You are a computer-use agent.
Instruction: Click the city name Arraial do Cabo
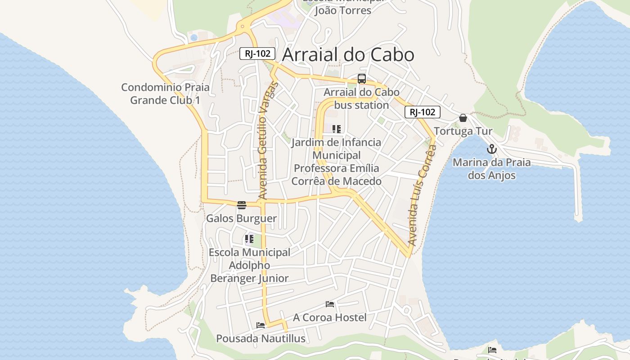348,55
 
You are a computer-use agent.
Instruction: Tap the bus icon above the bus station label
362,79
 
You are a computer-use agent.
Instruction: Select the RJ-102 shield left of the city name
257,54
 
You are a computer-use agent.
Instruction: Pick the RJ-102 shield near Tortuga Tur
422,112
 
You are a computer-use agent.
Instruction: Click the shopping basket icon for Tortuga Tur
463,118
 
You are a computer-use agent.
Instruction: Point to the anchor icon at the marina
492,149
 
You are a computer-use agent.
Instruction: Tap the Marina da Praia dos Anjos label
491,169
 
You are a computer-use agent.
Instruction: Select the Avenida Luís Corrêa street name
422,195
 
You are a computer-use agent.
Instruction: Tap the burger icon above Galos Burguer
242,205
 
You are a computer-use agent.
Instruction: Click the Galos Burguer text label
241,219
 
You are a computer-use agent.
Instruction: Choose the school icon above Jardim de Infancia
337,129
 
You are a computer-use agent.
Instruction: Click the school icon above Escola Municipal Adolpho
249,239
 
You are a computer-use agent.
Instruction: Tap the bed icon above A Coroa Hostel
330,304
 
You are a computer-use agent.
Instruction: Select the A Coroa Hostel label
330,317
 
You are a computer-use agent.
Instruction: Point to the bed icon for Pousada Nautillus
261,325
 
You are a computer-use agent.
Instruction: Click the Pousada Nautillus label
261,338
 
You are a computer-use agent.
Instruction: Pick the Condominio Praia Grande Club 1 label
165,94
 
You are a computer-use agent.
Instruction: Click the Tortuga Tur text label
463,131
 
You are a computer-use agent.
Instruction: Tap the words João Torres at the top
342,10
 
